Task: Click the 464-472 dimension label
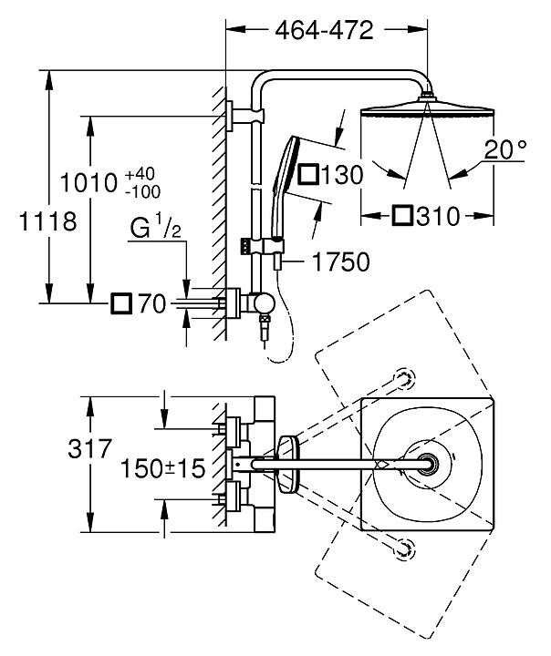pyautogui.click(x=324, y=30)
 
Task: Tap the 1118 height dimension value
pyautogui.click(x=47, y=221)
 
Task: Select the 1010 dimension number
pyautogui.click(x=88, y=183)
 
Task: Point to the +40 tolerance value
pyautogui.click(x=140, y=174)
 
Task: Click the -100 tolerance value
pyautogui.click(x=142, y=192)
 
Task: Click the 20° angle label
pyautogui.click(x=505, y=149)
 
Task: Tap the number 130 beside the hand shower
pyautogui.click(x=342, y=174)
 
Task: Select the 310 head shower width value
pyautogui.click(x=438, y=216)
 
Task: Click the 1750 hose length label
pyautogui.click(x=341, y=262)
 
